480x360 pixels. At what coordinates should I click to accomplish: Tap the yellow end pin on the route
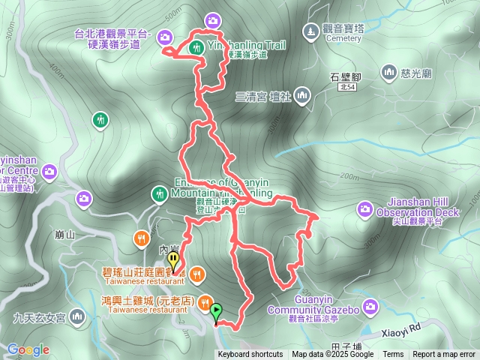(x=174, y=261)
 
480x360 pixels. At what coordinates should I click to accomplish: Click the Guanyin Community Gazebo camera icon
(x=370, y=306)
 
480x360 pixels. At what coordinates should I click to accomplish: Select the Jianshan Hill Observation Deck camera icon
(x=365, y=208)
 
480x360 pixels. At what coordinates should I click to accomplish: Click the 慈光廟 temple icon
(x=388, y=73)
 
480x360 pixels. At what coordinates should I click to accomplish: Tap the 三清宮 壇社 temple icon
(x=302, y=95)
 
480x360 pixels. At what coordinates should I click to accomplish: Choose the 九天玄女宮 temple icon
(x=77, y=318)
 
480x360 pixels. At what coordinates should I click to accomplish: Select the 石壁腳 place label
(x=346, y=76)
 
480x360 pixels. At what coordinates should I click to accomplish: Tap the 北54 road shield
(x=346, y=88)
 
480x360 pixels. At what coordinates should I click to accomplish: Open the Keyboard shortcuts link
(x=250, y=355)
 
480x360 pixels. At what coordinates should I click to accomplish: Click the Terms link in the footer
(x=393, y=355)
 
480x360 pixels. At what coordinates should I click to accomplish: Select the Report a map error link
(x=444, y=355)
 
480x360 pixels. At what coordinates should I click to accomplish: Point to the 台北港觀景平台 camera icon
(x=164, y=35)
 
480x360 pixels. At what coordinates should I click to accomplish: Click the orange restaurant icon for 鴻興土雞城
(x=204, y=301)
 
